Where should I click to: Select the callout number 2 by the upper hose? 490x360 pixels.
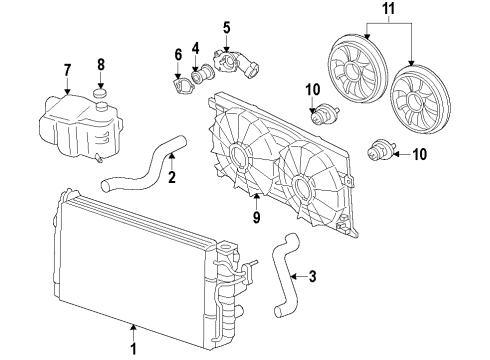172,179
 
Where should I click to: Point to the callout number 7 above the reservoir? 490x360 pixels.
68,69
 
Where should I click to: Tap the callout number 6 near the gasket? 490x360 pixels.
178,53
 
